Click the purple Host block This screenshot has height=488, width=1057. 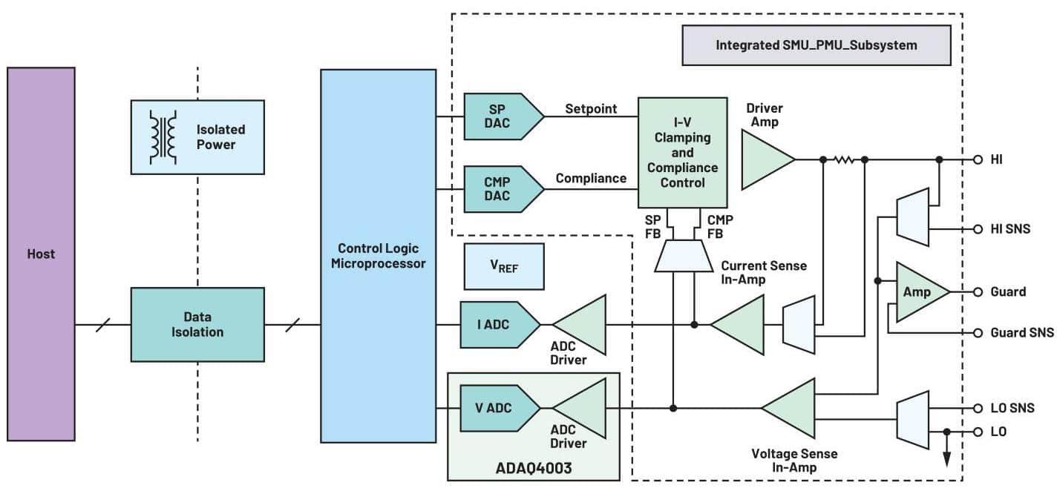point(41,254)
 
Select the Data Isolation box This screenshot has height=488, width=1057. point(197,325)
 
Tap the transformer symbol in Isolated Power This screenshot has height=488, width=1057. point(163,137)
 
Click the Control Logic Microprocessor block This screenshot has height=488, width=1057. point(378,255)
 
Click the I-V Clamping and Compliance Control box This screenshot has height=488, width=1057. point(682,152)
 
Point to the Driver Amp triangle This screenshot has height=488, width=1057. point(765,159)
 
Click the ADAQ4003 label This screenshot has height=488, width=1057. point(532,468)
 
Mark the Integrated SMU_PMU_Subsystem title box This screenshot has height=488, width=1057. point(816,45)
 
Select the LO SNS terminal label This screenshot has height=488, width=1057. point(1012,408)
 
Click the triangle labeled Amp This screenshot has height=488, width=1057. point(919,292)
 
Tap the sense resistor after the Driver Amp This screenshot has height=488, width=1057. point(844,159)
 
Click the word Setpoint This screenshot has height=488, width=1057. point(591,109)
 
